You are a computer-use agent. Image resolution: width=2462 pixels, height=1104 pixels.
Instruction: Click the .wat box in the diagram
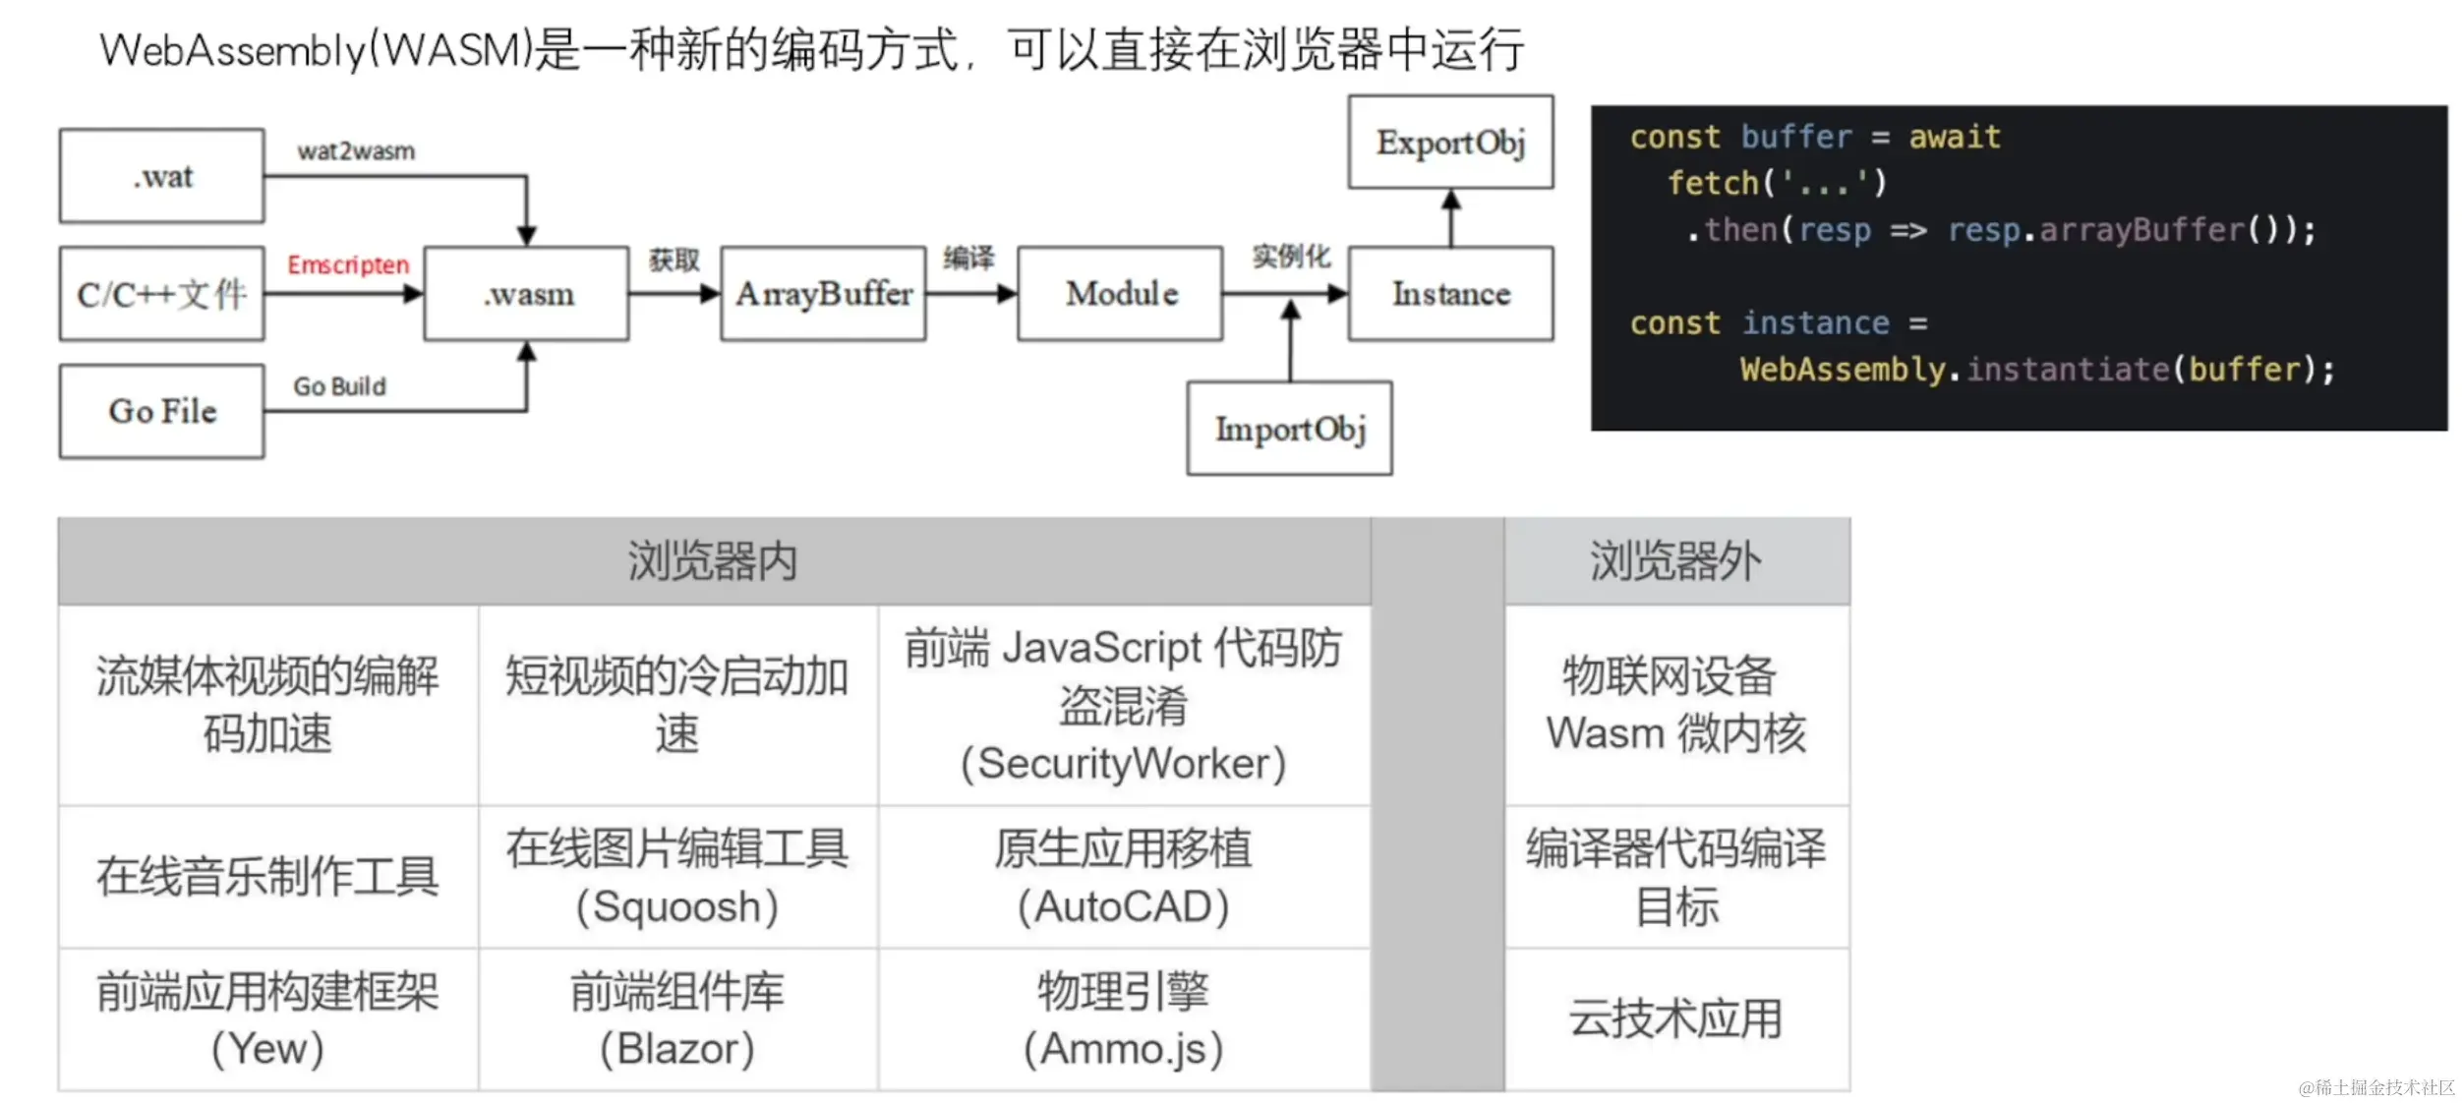[x=162, y=176]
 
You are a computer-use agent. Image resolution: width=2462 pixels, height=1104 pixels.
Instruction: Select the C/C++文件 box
[x=162, y=294]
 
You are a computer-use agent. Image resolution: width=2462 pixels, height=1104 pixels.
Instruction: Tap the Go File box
[x=162, y=411]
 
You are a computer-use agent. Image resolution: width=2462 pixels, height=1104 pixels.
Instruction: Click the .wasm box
[x=527, y=294]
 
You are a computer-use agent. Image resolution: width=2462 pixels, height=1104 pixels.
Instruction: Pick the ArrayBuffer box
[x=824, y=294]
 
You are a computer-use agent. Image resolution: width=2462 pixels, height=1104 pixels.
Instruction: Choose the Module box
[x=1121, y=294]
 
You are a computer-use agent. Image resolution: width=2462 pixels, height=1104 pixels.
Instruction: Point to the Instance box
[x=1451, y=294]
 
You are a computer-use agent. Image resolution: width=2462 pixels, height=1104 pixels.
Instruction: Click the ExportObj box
[x=1451, y=143]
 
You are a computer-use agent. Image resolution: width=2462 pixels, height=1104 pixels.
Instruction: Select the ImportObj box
[x=1290, y=429]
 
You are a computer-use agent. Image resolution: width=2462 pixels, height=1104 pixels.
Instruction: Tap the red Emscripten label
[x=348, y=265]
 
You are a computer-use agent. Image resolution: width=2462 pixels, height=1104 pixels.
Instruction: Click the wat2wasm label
[x=356, y=151]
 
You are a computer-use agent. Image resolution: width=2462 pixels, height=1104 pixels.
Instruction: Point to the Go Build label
[x=339, y=386]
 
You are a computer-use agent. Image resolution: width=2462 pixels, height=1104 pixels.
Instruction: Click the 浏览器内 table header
[x=714, y=561]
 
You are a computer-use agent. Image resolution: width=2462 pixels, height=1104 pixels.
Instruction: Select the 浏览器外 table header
[x=1676, y=561]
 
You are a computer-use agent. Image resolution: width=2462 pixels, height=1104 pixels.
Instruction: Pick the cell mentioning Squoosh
[x=677, y=877]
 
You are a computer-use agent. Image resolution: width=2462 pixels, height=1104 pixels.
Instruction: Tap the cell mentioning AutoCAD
[x=1124, y=877]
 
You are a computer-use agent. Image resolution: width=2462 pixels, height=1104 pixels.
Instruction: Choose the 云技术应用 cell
[x=1676, y=1018]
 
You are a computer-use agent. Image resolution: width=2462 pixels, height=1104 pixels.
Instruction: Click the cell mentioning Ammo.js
[x=1124, y=1018]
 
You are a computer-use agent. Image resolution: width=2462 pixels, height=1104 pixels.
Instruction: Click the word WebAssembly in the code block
[x=1843, y=370]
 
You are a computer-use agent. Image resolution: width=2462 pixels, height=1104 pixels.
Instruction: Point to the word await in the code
[x=1955, y=138]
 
